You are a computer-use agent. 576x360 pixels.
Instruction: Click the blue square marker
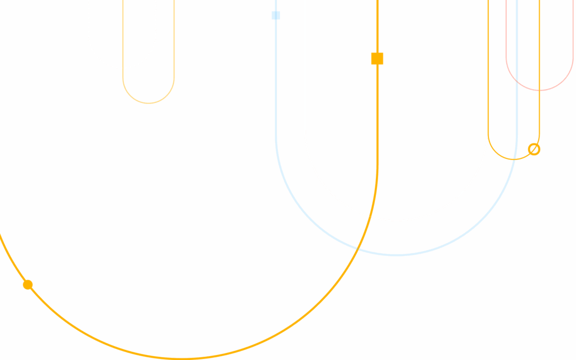[276, 15]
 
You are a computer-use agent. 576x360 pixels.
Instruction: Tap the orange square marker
[377, 58]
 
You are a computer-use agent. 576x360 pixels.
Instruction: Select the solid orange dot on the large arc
[28, 285]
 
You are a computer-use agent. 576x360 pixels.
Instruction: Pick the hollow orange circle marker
[534, 149]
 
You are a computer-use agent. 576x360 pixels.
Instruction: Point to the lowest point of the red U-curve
[539, 90]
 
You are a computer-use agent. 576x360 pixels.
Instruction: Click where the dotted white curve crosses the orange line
[123, 68]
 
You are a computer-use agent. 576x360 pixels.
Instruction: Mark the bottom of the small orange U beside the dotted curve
[148, 103]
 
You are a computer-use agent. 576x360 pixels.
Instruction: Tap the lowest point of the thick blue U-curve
[396, 255]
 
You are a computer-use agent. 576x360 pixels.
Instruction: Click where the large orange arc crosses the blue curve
[358, 247]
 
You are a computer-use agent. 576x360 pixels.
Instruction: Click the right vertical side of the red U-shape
[573, 32]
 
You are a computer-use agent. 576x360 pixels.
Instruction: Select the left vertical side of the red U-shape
[506, 32]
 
